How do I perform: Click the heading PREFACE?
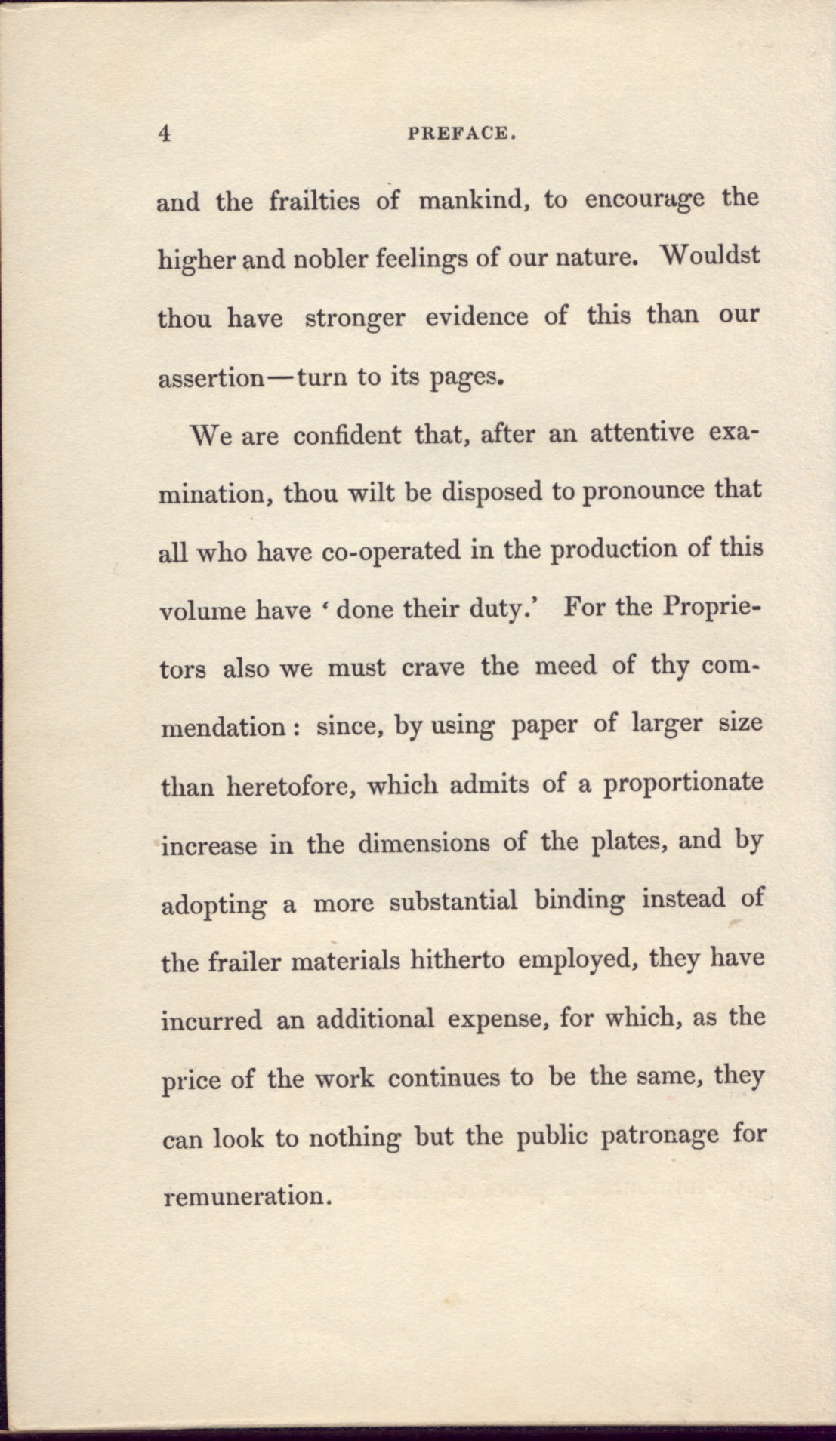click(461, 134)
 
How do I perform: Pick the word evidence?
click(476, 316)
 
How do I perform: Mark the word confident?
click(347, 436)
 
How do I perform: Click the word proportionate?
click(683, 784)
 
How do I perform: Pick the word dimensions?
click(423, 842)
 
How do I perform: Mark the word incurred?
click(211, 1021)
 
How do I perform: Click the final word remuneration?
click(247, 1196)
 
